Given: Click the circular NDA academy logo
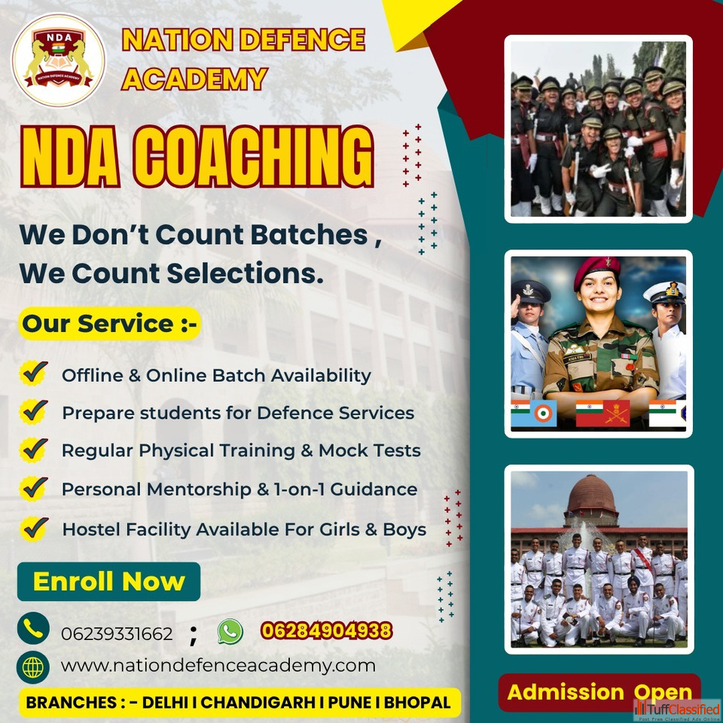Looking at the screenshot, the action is [58, 60].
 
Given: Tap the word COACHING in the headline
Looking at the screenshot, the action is [253, 157].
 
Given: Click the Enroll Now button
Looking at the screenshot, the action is [108, 581].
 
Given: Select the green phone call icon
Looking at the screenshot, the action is [33, 628].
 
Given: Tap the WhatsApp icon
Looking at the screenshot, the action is [230, 631].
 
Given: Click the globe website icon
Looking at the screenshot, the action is [33, 667].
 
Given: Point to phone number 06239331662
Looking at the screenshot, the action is [117, 634].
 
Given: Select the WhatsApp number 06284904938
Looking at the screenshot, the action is [326, 630].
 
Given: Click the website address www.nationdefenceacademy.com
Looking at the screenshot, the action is [218, 666].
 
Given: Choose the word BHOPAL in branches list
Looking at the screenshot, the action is [417, 702].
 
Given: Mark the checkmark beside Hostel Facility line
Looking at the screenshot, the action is [34, 529].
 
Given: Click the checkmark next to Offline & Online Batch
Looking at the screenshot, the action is [34, 373].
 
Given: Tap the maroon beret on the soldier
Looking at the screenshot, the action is [596, 270].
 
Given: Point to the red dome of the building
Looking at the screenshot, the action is [592, 493].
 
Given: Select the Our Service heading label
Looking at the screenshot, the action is [110, 323].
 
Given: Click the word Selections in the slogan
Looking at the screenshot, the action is [245, 273].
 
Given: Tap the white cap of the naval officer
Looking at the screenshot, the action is [664, 291].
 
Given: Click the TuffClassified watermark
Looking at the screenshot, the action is [676, 710].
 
